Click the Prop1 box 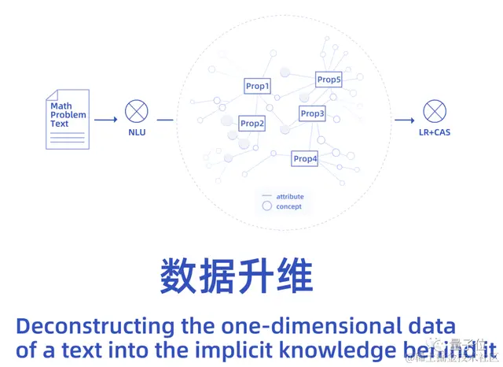(x=257, y=86)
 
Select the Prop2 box (x=252, y=124)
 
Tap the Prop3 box (x=312, y=114)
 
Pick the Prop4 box (x=305, y=159)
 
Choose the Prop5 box (x=329, y=80)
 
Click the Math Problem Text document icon (x=68, y=119)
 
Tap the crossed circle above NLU (x=137, y=110)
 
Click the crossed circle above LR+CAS (x=434, y=110)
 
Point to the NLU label (x=137, y=132)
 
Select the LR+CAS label (x=434, y=132)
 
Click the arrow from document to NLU (x=105, y=120)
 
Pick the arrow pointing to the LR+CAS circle (x=404, y=120)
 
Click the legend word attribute (x=289, y=196)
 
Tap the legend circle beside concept (x=266, y=206)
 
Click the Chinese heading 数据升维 (x=237, y=276)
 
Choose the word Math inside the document (x=61, y=106)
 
